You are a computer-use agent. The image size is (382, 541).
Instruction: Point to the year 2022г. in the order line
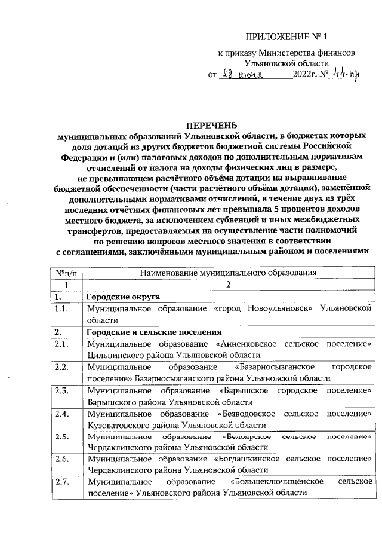[305, 75]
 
